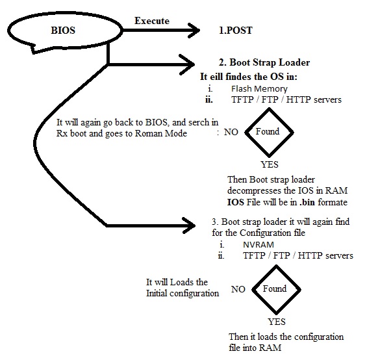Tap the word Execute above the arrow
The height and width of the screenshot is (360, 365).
(x=151, y=21)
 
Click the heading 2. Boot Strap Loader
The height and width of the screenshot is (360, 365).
(x=264, y=63)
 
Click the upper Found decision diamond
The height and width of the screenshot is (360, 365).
(x=268, y=132)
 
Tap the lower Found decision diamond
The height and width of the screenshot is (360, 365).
(x=274, y=289)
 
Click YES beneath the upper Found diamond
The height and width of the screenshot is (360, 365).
(x=269, y=165)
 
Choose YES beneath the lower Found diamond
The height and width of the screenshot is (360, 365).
(x=277, y=322)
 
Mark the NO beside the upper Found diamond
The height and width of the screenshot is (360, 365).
(x=231, y=132)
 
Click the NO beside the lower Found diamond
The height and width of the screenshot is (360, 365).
(x=238, y=289)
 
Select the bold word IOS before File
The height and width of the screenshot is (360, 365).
(x=236, y=202)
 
